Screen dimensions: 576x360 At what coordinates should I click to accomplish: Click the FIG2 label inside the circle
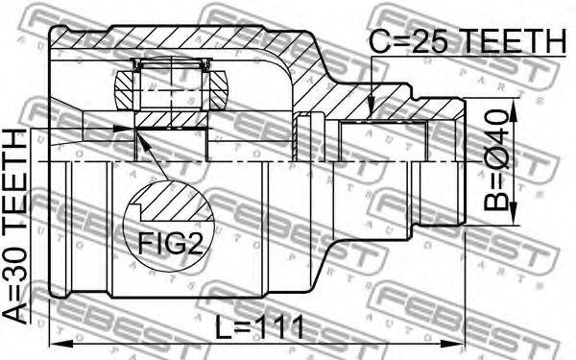(171, 244)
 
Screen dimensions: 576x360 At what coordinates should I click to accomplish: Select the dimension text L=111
(259, 327)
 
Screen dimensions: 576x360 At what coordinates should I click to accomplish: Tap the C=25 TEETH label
(467, 41)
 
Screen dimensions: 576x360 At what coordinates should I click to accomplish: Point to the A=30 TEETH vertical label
(15, 227)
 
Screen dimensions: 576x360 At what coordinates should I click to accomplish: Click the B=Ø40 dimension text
(496, 160)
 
